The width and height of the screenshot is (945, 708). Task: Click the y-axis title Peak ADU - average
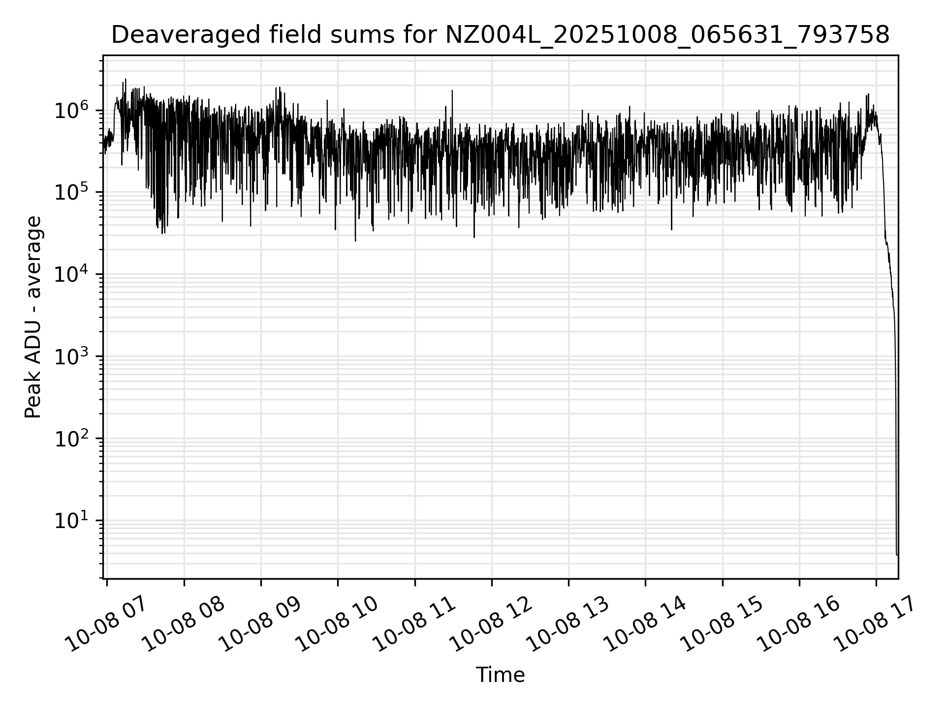click(33, 317)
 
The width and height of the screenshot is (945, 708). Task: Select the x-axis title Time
click(500, 675)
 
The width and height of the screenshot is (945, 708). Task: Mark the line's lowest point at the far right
click(897, 555)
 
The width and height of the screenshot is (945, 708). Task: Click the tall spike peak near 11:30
click(452, 91)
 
